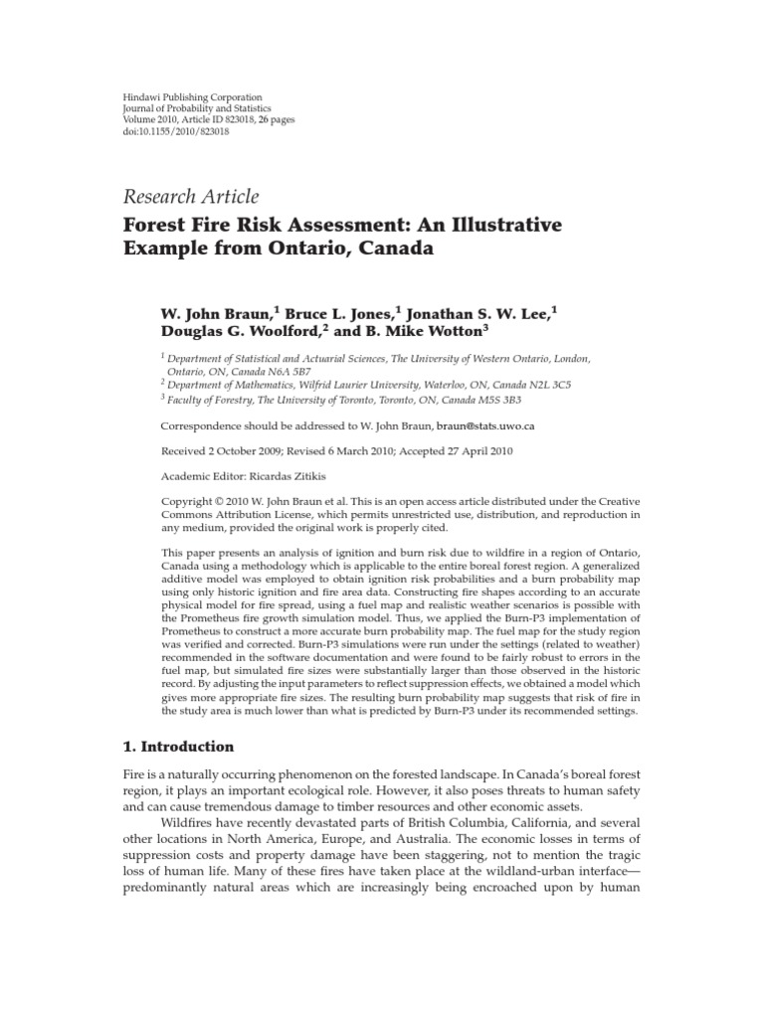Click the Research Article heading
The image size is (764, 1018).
(x=190, y=197)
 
